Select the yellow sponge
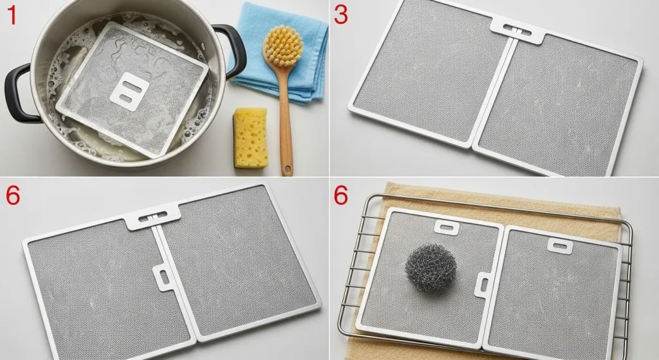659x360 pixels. point(250,138)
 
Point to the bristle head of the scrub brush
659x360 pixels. point(283,46)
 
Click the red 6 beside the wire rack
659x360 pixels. point(341,196)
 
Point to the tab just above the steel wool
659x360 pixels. point(445,227)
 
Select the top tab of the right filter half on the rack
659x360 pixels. point(558,243)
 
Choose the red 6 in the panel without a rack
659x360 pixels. point(12,196)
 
